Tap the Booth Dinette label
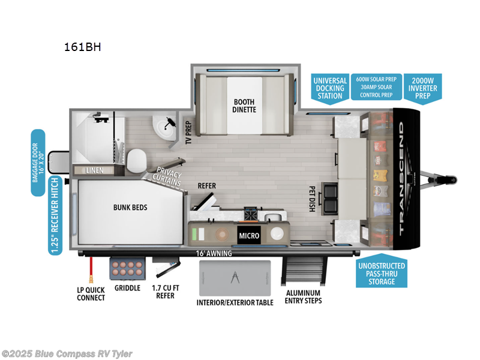coord(244,106)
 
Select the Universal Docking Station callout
coord(330,88)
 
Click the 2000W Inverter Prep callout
coord(424,88)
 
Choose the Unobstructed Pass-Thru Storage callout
coord(382,274)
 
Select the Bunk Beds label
coord(130,208)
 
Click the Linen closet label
coord(94,170)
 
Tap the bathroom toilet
coord(137,160)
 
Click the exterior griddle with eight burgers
coord(127,268)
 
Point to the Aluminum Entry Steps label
coord(304,296)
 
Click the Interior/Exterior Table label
coord(235,302)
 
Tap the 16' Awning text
coord(214,253)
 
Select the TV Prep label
coord(187,133)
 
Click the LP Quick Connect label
coord(91,294)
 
